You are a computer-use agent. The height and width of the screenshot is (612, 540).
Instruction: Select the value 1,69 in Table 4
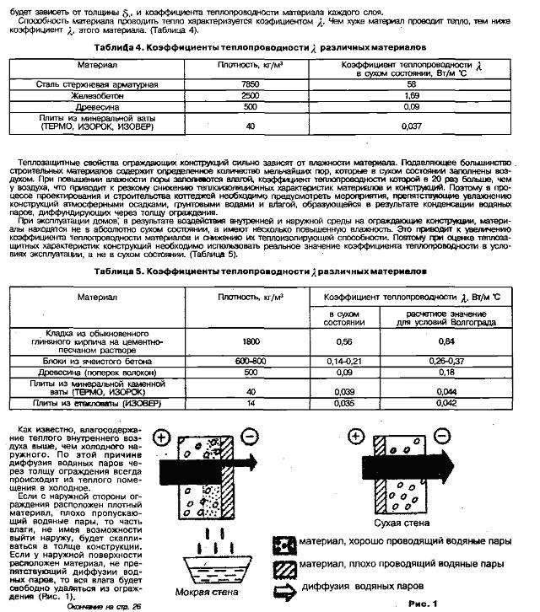tap(411, 96)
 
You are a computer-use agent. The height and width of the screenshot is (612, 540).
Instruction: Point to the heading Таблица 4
tap(125, 47)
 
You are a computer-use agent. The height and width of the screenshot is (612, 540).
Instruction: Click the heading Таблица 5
tap(125, 272)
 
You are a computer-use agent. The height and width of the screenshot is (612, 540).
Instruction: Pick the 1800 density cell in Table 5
tap(250, 341)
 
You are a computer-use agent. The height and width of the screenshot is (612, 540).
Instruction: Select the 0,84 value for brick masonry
tap(424, 341)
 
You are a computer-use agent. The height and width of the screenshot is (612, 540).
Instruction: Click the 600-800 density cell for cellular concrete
tap(250, 360)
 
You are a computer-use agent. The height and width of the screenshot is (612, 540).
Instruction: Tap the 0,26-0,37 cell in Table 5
tap(424, 360)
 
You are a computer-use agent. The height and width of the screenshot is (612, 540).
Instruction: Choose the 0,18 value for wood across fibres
tap(424, 371)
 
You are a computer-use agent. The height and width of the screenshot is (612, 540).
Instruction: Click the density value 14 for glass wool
tap(250, 403)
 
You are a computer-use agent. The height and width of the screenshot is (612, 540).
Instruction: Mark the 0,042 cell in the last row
tap(424, 403)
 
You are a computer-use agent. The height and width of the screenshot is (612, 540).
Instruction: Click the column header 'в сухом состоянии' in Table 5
tap(343, 317)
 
